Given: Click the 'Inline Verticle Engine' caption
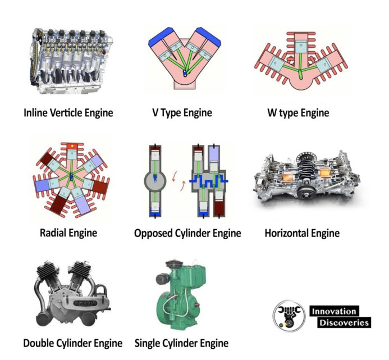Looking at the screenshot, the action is (x=68, y=113).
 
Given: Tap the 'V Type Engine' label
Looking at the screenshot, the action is (x=182, y=113).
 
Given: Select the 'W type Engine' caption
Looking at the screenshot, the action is (x=299, y=113).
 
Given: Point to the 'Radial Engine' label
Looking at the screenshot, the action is (x=68, y=233).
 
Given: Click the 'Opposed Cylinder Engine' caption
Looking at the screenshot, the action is (x=187, y=233).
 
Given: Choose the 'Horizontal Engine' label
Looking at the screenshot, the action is (x=302, y=233).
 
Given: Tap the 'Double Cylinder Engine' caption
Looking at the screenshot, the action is (x=72, y=343).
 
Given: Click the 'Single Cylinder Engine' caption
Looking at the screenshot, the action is (x=182, y=343).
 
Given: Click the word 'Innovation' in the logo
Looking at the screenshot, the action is (x=334, y=311).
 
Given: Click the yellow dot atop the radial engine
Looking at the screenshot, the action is (x=72, y=145).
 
